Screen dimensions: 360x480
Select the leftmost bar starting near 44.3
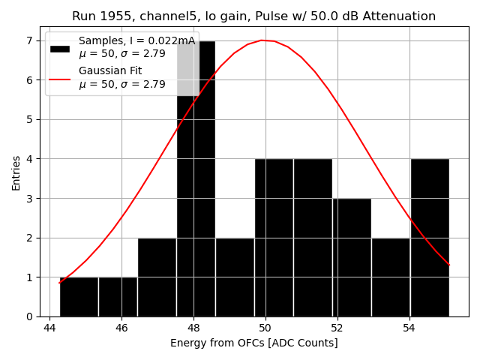point(79,297)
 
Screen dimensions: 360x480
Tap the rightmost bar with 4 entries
point(430,237)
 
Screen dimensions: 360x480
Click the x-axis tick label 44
point(49,328)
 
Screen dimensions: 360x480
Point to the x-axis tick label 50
point(265,328)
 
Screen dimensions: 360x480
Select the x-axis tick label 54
point(409,328)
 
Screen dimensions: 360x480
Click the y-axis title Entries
point(16,172)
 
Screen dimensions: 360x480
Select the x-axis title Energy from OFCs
point(253,343)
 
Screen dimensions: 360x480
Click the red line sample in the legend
point(60,78)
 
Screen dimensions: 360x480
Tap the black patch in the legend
point(60,48)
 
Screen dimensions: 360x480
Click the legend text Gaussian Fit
point(111,71)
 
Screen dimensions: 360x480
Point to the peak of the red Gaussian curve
point(262,40)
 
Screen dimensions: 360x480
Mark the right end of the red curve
point(449,265)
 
